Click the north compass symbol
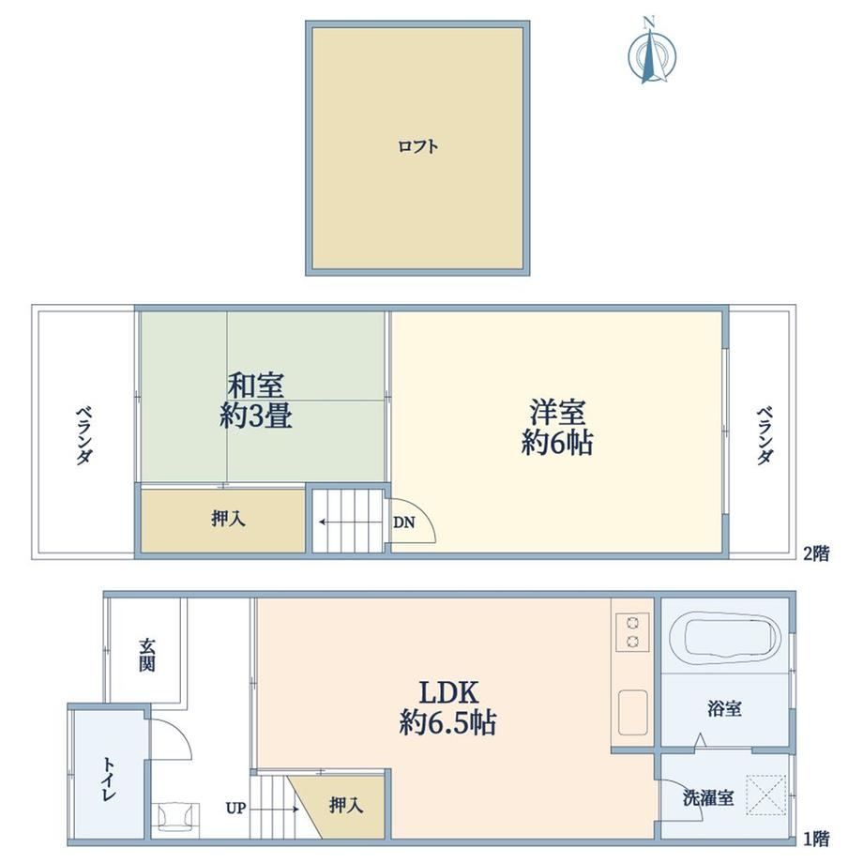coord(652,52)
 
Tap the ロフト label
coord(417,146)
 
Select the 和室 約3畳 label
coord(256,401)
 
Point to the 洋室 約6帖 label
coord(557,428)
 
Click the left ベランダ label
coord(83,435)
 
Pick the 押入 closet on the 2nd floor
coord(223,520)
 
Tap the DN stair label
coord(404,522)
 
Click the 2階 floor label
coord(816,553)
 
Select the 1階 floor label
coord(816,839)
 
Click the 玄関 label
coord(146,655)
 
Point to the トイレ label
coord(109,780)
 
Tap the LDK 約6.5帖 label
coord(447,708)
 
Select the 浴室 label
coord(724,708)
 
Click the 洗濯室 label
coord(708,797)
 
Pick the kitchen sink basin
coord(633,712)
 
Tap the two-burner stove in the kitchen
coord(632,632)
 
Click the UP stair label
coord(235,809)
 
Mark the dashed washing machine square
coord(766,795)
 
